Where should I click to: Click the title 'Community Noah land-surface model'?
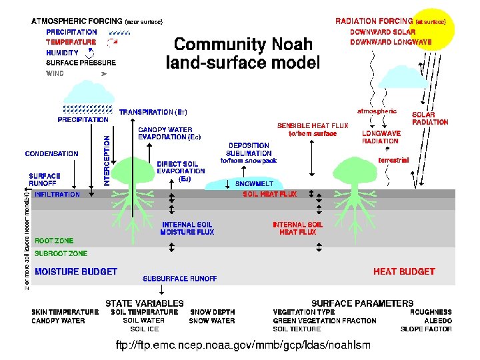[244, 54]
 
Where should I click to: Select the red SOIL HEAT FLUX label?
[270, 194]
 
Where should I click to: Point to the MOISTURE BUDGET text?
[76, 271]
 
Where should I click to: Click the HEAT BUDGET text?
[404, 271]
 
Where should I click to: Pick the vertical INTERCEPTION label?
[106, 161]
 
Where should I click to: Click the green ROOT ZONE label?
[54, 241]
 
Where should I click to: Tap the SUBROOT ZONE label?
[61, 253]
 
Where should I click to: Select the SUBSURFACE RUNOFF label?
[180, 279]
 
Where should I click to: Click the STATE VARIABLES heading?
[145, 303]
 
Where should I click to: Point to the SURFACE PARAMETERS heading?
[362, 303]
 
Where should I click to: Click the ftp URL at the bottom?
[243, 345]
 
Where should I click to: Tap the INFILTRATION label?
[57, 195]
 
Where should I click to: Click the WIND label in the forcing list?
[55, 73]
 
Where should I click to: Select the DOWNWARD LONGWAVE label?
[391, 42]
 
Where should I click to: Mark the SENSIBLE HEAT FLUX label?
[313, 125]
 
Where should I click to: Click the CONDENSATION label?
[51, 153]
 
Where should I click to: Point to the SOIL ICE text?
[145, 329]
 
